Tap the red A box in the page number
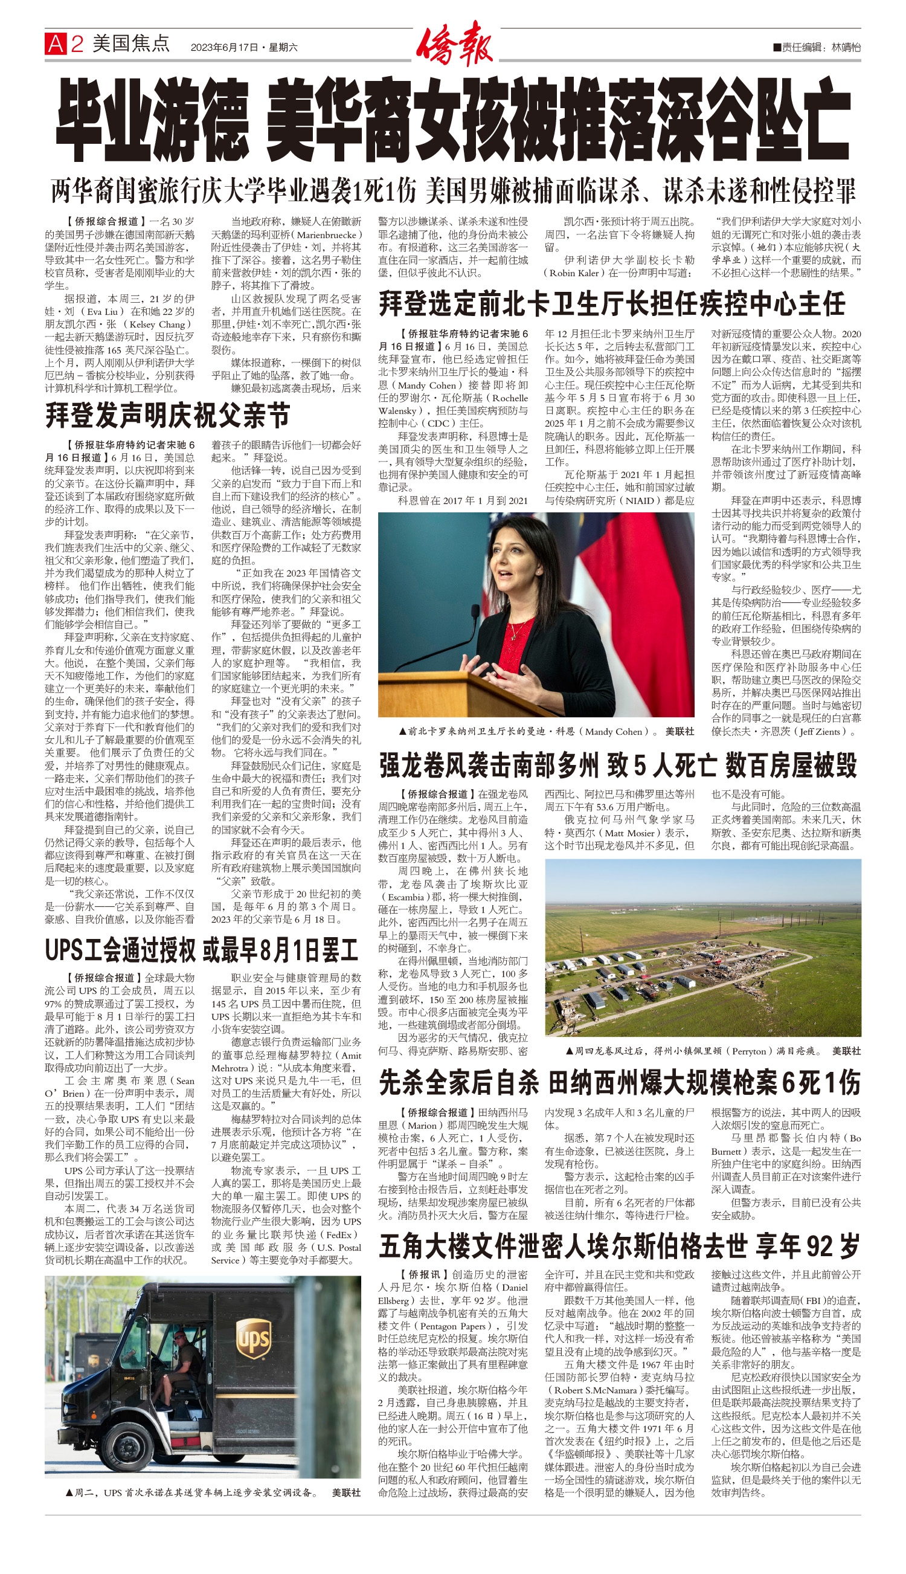pyautogui.click(x=56, y=44)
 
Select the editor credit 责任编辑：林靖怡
pyautogui.click(x=817, y=47)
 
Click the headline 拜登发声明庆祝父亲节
pyautogui.click(x=167, y=416)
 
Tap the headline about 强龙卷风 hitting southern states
pyautogui.click(x=618, y=766)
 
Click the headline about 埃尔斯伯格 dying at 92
pyautogui.click(x=619, y=1246)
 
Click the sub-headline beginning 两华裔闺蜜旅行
pyautogui.click(x=452, y=192)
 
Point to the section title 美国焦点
pyautogui.click(x=130, y=44)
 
